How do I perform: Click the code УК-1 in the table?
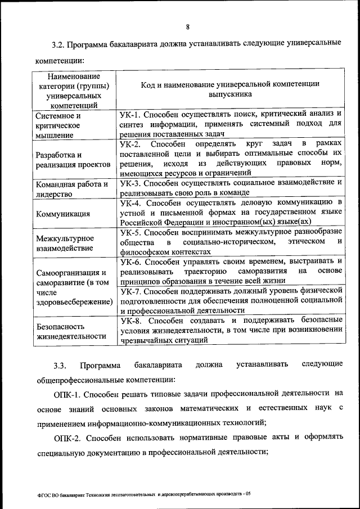pos(132,114)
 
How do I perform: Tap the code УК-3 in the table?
pos(132,183)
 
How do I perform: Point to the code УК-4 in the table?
pos(132,201)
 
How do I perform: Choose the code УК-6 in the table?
pos(132,261)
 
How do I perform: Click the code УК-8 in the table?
pos(132,320)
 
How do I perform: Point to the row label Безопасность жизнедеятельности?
pos(71,331)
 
